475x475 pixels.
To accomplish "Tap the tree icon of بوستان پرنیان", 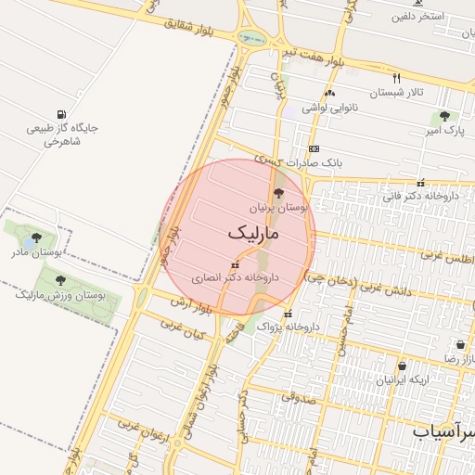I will click(x=278, y=193).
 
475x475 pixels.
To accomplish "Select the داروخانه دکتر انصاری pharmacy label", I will click(x=236, y=276).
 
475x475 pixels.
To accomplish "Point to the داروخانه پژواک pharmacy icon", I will click(x=288, y=313).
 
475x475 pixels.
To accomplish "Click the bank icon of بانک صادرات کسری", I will click(x=314, y=148).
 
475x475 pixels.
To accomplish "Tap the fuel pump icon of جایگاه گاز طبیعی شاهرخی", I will click(x=60, y=114).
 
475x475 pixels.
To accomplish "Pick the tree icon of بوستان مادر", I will click(x=36, y=237).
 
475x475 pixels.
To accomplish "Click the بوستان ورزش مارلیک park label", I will click(x=60, y=296).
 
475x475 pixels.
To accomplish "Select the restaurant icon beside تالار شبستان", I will click(x=397, y=78).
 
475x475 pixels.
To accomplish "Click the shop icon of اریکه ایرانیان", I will click(x=402, y=366).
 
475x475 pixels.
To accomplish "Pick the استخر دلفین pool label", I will click(x=417, y=17).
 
